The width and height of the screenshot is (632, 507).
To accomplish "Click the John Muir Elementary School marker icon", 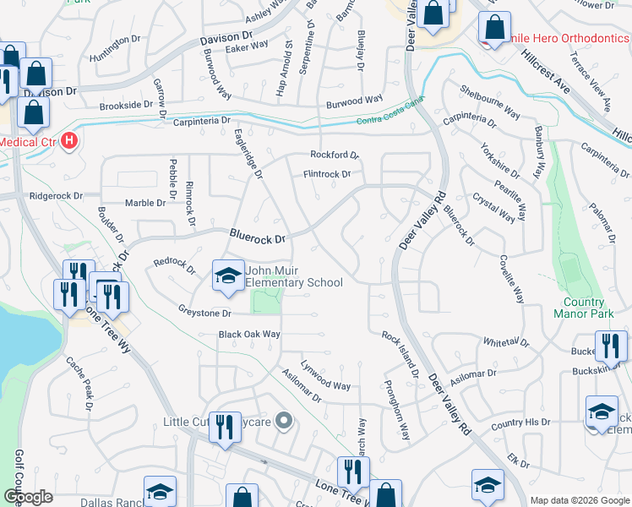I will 227,275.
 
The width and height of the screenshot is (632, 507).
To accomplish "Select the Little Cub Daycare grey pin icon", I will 284,420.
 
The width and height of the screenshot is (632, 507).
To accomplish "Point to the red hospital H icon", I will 70,141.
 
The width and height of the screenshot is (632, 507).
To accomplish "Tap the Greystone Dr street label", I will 204,313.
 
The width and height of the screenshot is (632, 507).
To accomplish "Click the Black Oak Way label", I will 249,335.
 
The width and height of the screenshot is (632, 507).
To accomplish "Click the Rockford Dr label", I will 335,155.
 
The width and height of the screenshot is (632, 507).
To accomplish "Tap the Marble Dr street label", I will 145,203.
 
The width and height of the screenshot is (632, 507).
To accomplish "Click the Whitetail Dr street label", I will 505,342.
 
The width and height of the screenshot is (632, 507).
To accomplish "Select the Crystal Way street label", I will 494,208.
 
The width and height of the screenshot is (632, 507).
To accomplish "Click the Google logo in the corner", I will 28,496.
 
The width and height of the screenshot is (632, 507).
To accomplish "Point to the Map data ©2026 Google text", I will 580,500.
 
